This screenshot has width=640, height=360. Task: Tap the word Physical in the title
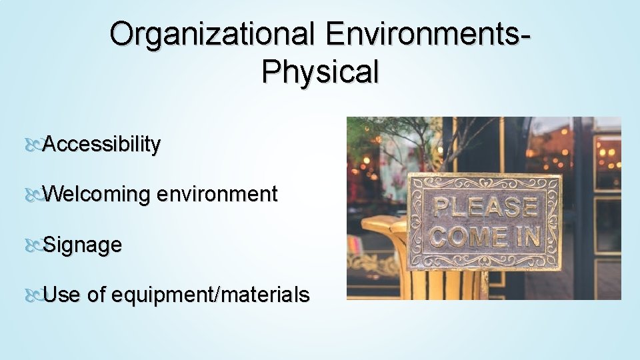coord(320,72)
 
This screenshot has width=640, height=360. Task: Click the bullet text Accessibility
coord(101,144)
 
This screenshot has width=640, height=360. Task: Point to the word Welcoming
coord(99,195)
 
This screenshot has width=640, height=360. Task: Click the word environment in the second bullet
coord(217,195)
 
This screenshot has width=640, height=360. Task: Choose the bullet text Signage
coord(82,245)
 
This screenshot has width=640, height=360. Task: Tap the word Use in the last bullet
coord(61,295)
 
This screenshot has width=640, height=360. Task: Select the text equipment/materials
coord(211,295)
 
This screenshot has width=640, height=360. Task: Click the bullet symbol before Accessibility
coord(33,145)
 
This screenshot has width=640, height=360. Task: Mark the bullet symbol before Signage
coord(33,245)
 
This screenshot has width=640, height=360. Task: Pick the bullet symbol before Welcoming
coord(33,195)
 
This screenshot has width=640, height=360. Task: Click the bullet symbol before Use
coord(33,295)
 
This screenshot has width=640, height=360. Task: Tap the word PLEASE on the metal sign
coord(485,207)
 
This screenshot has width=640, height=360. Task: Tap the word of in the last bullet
coord(96,295)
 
